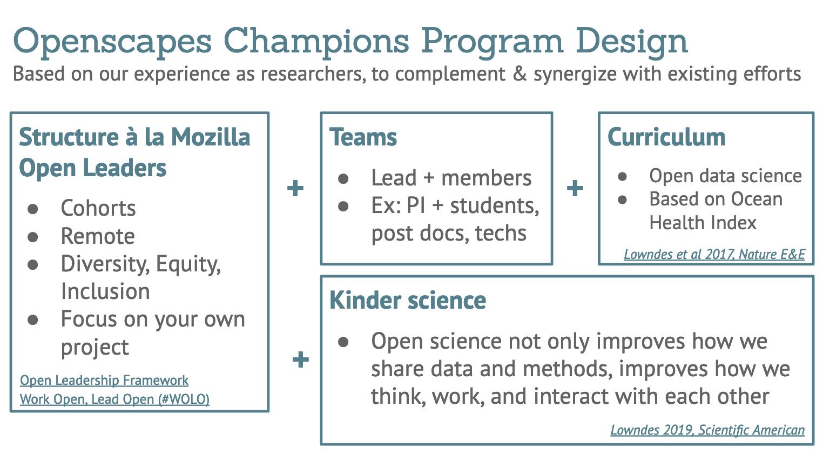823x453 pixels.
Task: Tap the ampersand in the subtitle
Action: coord(520,74)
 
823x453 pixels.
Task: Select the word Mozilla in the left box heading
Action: coord(211,137)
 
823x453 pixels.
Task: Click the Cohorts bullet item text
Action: coord(98,208)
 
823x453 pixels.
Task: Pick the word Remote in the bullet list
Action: coord(98,236)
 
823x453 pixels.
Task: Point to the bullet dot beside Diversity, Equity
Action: coord(33,264)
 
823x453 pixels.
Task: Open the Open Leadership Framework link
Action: coord(104,380)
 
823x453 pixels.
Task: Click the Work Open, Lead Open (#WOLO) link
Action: coord(114,399)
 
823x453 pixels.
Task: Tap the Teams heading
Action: coord(363,137)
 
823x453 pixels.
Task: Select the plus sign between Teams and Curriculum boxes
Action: coord(575,188)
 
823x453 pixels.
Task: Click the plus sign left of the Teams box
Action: coord(295,188)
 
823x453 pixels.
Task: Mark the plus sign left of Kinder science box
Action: coord(301,359)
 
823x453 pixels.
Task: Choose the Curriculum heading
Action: coord(666,137)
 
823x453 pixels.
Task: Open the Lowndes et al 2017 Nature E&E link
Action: coord(714,254)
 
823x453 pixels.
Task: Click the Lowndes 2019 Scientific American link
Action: coord(707,430)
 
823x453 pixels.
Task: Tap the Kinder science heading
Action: coord(408,301)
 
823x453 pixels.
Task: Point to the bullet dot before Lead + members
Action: coord(343,179)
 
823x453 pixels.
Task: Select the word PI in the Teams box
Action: coord(416,205)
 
